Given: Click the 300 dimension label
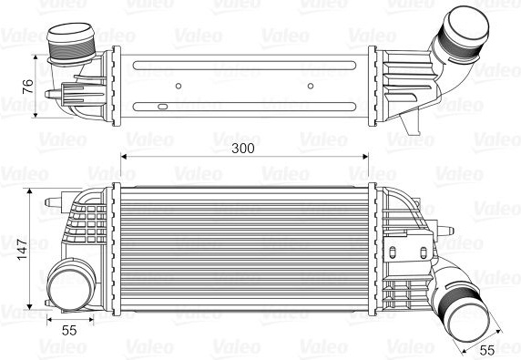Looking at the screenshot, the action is [x=243, y=149].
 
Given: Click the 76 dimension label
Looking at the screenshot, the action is [x=28, y=87].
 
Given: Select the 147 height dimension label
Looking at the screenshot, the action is [x=23, y=250].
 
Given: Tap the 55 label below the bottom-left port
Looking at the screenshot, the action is [x=69, y=331].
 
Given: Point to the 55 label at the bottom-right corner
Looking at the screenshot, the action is [x=487, y=350].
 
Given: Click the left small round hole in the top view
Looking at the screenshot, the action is [x=179, y=86].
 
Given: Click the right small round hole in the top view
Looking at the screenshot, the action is [x=311, y=86].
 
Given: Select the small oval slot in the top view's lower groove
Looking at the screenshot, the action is [x=162, y=107].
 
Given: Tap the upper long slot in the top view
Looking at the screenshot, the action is [x=244, y=65].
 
